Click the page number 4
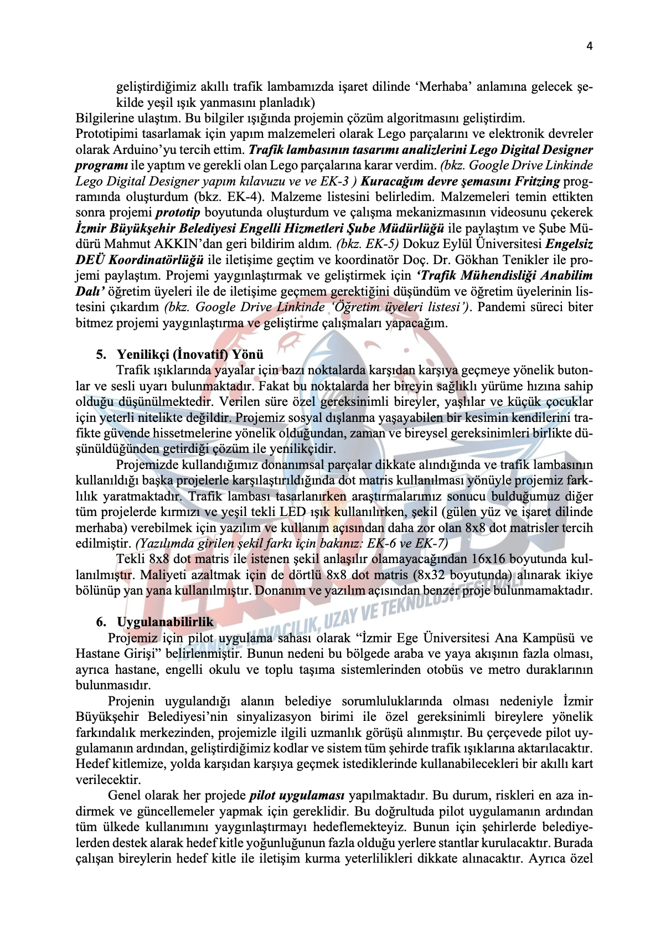point(589,46)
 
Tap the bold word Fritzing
point(537,181)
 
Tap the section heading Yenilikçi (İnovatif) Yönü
point(190,354)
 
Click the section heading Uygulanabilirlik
point(165,622)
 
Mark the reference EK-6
point(385,543)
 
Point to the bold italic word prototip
point(178,213)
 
